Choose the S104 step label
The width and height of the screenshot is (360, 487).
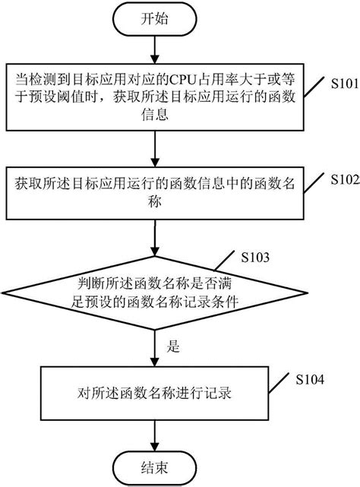pos(309,378)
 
